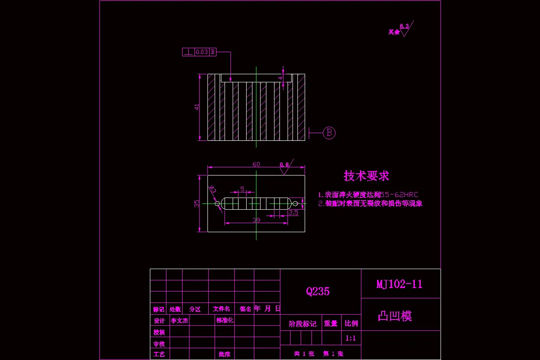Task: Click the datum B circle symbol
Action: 329,132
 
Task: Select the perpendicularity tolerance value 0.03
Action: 202,52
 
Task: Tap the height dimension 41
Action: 197,107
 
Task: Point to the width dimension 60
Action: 256,164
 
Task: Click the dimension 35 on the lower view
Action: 197,203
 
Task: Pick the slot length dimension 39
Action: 256,220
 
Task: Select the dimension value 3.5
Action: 293,212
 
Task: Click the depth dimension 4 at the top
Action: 280,78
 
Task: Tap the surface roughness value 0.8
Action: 284,165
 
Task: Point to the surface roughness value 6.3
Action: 404,26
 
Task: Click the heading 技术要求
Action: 366,175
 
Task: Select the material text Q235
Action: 318,291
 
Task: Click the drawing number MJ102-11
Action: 399,284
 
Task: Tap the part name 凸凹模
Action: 395,316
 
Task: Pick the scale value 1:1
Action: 351,338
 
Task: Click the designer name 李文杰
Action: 180,320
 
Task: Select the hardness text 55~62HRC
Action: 399,195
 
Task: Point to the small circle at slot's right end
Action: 295,203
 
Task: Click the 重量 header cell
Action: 331,324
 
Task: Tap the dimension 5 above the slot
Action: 242,189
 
